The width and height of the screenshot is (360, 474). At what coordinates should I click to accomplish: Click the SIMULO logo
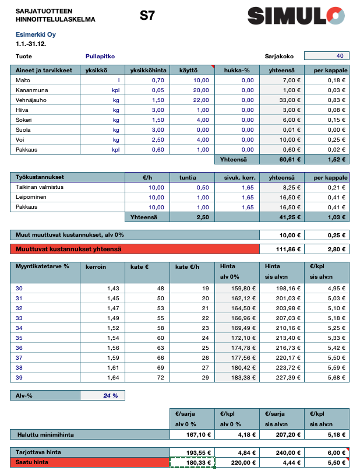(295, 15)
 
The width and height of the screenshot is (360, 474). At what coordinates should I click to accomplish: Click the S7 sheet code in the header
(147, 16)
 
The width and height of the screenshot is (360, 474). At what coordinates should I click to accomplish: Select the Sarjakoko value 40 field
(327, 57)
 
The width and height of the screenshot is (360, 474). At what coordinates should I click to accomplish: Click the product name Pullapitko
(100, 57)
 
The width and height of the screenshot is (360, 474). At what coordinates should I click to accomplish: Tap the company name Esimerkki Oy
(32, 34)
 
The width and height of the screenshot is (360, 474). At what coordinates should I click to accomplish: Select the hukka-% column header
(238, 71)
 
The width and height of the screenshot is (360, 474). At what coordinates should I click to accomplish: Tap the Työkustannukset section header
(40, 177)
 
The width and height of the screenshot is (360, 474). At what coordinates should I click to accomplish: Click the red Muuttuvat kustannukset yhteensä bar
(134, 249)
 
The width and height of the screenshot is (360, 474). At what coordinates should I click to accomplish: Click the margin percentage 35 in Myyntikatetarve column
(19, 338)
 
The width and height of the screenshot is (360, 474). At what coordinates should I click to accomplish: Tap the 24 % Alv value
(111, 395)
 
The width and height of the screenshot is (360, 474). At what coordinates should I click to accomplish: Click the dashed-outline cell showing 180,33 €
(192, 462)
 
